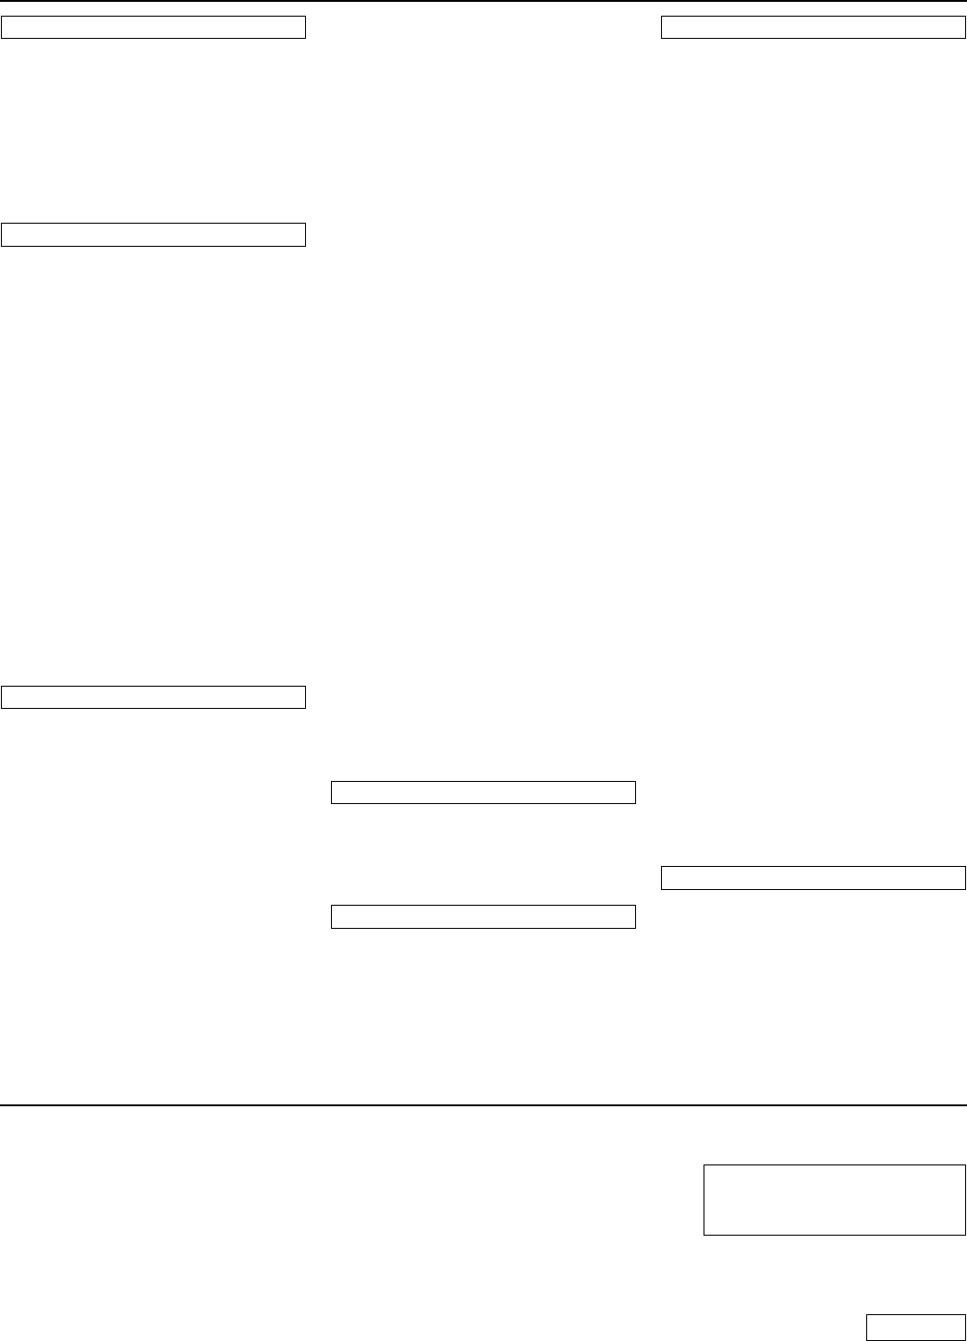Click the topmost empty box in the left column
(153, 27)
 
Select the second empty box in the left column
(153, 235)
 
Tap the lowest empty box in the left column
(153, 697)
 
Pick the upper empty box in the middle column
(483, 792)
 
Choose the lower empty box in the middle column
(483, 916)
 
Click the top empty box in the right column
(814, 27)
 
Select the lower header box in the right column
(814, 877)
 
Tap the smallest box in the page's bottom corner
(915, 1326)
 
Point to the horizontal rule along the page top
(483, 1)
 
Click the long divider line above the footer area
(483, 1104)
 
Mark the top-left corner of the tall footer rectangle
(704, 1166)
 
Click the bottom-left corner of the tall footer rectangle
(704, 1235)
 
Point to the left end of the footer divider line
(1, 1104)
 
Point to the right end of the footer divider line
(965, 1104)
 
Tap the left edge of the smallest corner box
(866, 1326)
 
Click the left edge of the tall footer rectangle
(704, 1201)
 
